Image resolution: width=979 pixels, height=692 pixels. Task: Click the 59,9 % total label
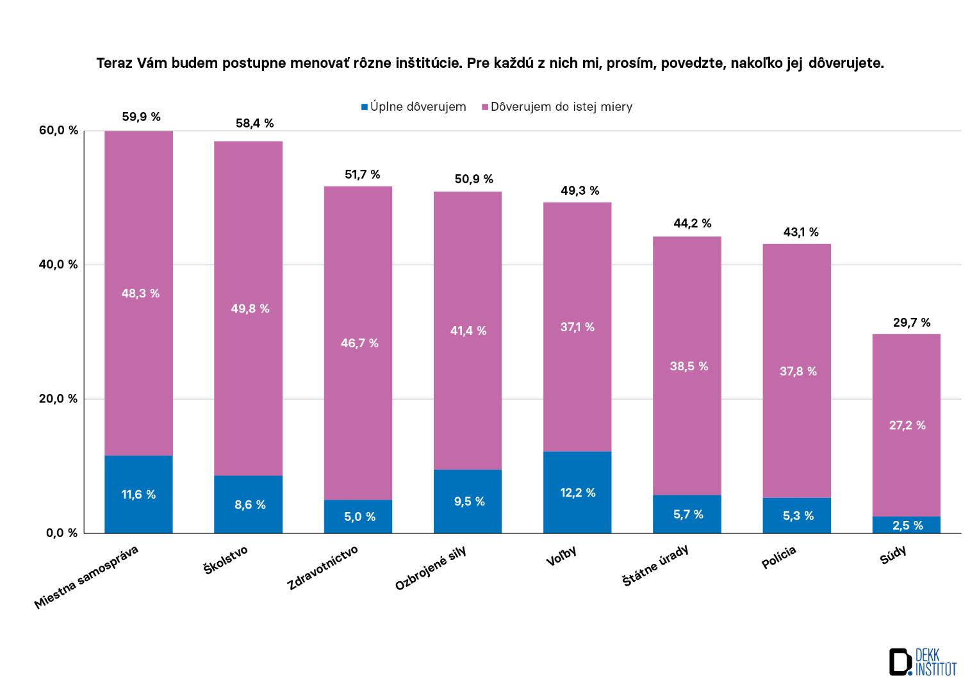[141, 117]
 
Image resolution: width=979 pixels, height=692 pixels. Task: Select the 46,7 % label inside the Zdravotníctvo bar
[359, 343]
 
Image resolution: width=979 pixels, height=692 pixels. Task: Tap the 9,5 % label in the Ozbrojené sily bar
[468, 501]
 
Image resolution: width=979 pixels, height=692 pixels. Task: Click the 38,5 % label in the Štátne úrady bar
[689, 367]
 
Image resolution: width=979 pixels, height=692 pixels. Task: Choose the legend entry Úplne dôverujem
[414, 107]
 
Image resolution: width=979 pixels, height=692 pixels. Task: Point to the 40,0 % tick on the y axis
[58, 265]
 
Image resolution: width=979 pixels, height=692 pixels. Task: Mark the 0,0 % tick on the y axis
[62, 532]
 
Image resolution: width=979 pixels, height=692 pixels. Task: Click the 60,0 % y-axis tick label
[58, 131]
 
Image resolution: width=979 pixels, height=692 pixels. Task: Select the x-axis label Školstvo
[225, 559]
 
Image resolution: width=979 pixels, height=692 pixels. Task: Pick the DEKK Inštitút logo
[922, 661]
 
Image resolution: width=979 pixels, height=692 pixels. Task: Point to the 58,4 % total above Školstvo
[254, 123]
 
